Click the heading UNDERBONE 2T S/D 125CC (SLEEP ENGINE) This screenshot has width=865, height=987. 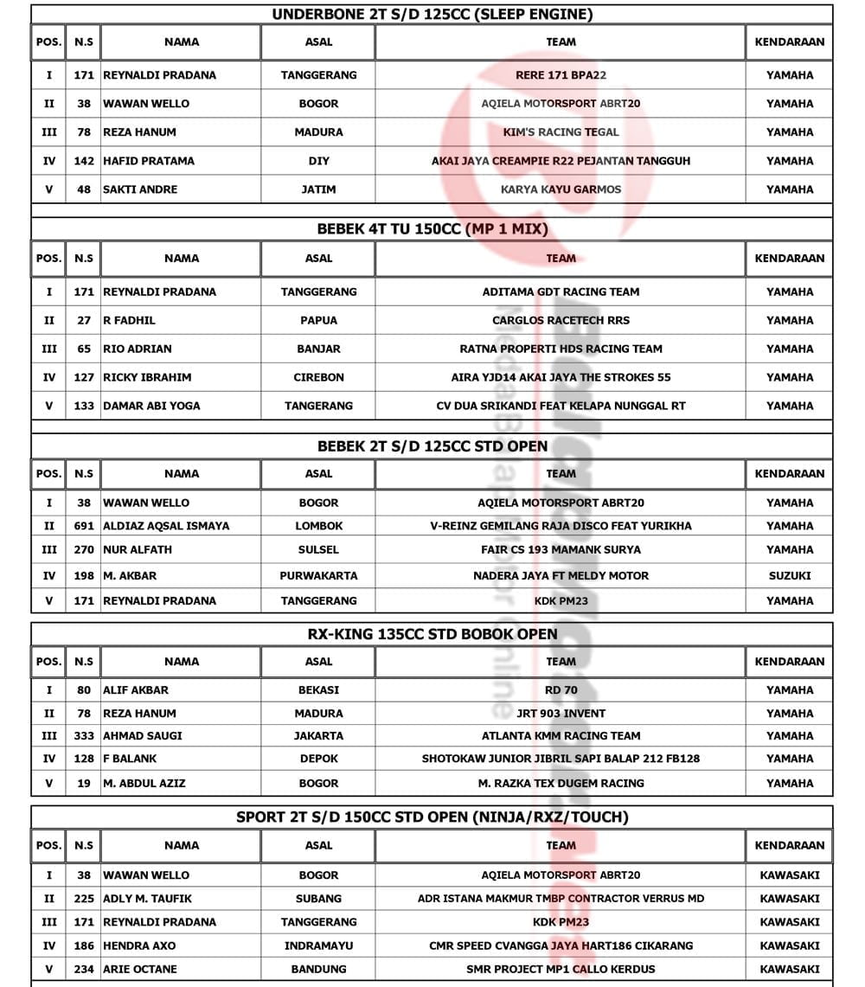[x=432, y=14]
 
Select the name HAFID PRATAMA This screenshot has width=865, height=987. [x=149, y=161]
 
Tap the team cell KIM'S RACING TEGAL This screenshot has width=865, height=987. [x=561, y=132]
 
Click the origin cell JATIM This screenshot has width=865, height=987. [x=318, y=189]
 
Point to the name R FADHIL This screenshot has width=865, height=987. [x=129, y=320]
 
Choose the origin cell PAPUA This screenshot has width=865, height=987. [x=318, y=320]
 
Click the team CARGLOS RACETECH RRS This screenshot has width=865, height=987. [x=561, y=320]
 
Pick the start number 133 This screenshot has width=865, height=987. [x=84, y=406]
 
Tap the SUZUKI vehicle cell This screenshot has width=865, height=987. [x=790, y=575]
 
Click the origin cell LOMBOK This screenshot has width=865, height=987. [x=318, y=526]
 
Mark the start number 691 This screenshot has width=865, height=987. [x=84, y=526]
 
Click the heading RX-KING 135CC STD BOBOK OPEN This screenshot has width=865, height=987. [x=432, y=634]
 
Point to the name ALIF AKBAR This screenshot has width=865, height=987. [x=136, y=690]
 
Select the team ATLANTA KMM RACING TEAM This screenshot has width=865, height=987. [x=561, y=736]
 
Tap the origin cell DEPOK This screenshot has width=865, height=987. [x=318, y=759]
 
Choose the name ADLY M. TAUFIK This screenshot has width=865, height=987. [x=148, y=899]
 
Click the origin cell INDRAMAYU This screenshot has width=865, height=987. [x=318, y=945]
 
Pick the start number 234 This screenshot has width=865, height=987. [x=84, y=969]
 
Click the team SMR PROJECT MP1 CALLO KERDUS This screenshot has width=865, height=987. [x=561, y=969]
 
